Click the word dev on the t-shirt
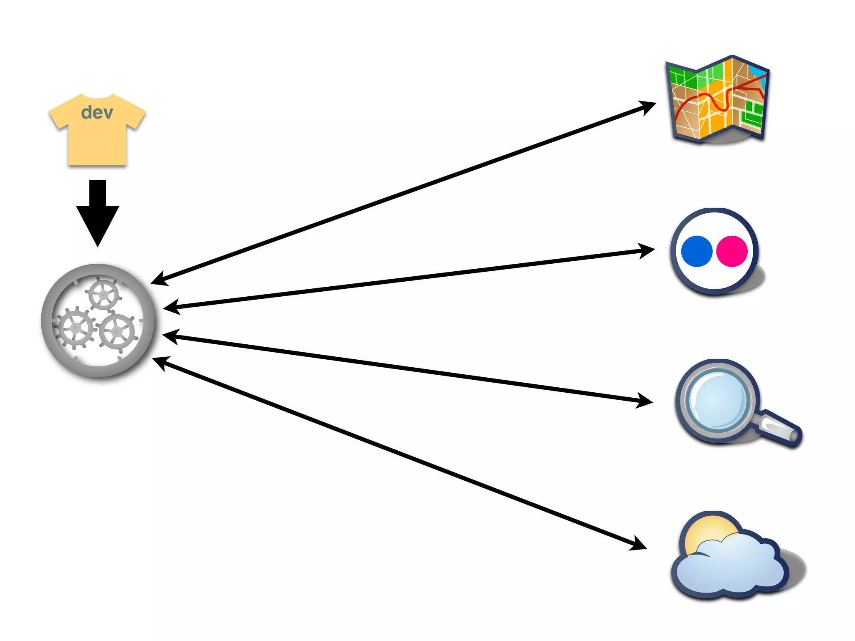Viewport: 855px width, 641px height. pos(97,113)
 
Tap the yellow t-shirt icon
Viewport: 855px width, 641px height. pos(97,138)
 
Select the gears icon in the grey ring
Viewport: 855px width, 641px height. pos(98,320)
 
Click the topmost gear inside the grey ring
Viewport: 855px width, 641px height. pos(103,295)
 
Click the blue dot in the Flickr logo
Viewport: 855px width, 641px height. pos(696,251)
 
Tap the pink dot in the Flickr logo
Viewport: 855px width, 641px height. pos(732,251)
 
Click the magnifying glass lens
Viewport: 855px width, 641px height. pos(717,401)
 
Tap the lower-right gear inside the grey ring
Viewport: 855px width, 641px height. pos(117,332)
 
